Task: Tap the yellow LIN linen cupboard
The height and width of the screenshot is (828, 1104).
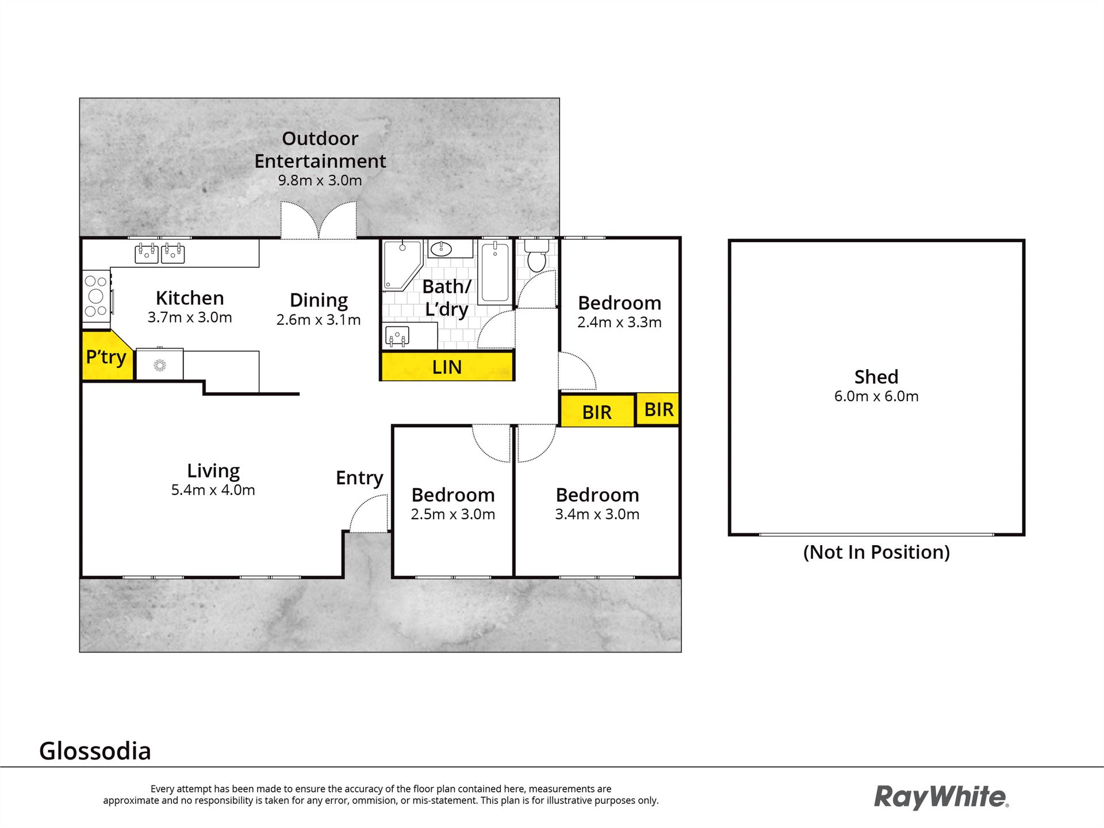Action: point(447,366)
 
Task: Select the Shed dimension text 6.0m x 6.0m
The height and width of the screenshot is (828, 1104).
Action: point(876,396)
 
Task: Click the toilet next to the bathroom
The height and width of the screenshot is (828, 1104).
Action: point(536,255)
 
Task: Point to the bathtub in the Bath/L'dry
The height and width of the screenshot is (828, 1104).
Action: point(495,271)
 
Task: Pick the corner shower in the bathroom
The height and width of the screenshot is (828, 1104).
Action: point(403,264)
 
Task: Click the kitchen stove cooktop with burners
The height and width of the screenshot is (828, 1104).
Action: point(96,296)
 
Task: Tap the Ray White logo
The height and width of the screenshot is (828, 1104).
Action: point(941,798)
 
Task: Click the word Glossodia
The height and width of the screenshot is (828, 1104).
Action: point(95,751)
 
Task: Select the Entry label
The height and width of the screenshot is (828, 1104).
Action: point(359,478)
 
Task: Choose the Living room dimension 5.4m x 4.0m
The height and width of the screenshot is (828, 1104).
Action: point(213,490)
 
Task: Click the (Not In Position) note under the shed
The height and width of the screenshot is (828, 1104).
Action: point(876,552)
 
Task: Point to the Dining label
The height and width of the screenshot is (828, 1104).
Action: point(319,300)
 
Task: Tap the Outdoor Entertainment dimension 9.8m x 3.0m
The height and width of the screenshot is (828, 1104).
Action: point(320,180)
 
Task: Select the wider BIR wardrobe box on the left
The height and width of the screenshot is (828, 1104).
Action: point(597,411)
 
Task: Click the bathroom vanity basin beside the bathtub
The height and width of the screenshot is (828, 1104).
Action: point(444,248)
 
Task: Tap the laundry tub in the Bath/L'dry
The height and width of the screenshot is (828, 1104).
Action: point(397,336)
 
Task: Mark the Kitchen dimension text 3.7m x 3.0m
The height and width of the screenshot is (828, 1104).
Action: point(190,317)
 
